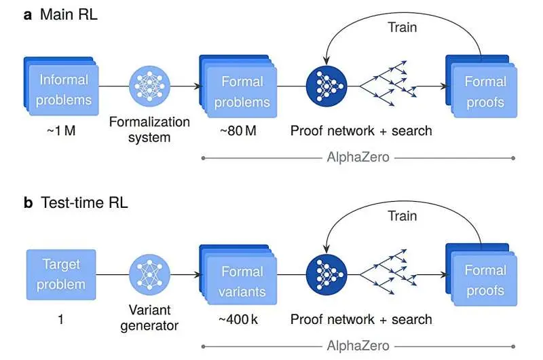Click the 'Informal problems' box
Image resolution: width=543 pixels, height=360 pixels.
(x=62, y=90)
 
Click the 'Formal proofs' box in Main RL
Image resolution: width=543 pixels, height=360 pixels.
(x=483, y=91)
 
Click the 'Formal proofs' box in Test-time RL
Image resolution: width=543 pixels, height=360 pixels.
(x=483, y=280)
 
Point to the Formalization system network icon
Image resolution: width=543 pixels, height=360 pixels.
(x=150, y=86)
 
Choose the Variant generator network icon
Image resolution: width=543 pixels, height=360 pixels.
(x=150, y=274)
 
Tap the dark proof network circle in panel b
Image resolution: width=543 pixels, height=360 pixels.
(x=325, y=274)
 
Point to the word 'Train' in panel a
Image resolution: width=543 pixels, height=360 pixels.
(x=402, y=28)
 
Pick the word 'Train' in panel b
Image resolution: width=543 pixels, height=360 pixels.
(x=402, y=216)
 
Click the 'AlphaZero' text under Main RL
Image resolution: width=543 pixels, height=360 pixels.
(x=358, y=158)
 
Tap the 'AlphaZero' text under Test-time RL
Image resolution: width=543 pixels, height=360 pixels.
(x=358, y=346)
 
